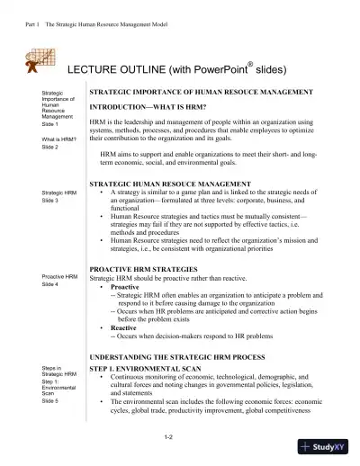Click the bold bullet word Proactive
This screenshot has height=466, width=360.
(124, 287)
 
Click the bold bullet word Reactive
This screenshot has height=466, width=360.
(122, 328)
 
